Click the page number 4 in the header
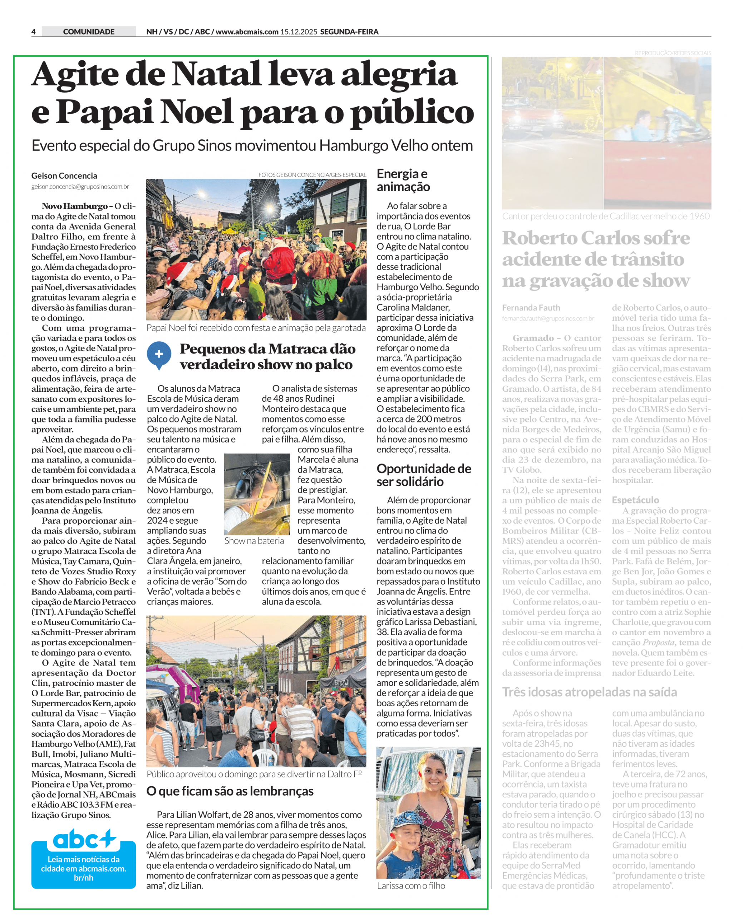[x=33, y=32]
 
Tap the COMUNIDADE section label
[x=89, y=32]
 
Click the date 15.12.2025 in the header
[x=298, y=32]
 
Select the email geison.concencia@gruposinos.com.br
[x=80, y=187]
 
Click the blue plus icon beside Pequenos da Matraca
[x=159, y=354]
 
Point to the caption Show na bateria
[x=254, y=541]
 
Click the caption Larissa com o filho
[x=411, y=885]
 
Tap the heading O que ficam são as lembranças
[x=230, y=791]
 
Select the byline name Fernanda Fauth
[x=531, y=308]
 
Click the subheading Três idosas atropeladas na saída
[x=589, y=692]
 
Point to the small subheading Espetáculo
[x=635, y=500]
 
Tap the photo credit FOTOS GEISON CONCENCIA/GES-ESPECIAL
[x=312, y=174]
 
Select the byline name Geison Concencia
[x=64, y=175]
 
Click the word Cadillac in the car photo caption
[x=634, y=216]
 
